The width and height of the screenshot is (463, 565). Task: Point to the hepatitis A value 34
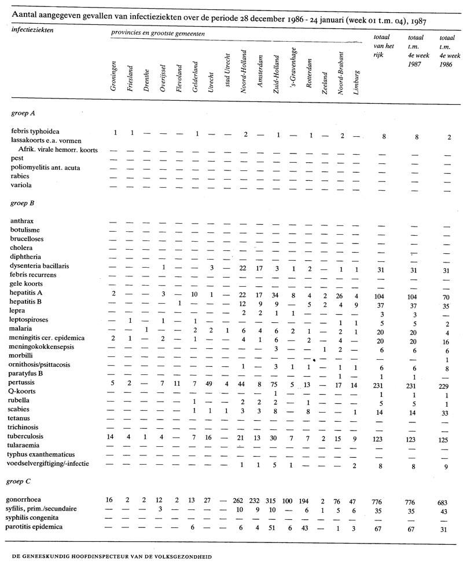[x=277, y=295]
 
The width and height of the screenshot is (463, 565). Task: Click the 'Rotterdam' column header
[x=310, y=74]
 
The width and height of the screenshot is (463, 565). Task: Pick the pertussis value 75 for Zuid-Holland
[x=277, y=384]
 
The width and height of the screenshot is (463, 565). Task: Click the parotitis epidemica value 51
[x=277, y=527]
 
